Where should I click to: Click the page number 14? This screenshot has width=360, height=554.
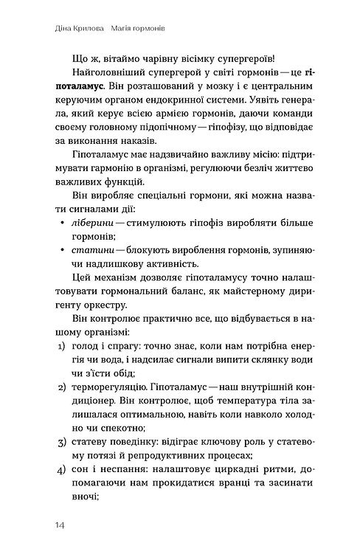59,524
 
